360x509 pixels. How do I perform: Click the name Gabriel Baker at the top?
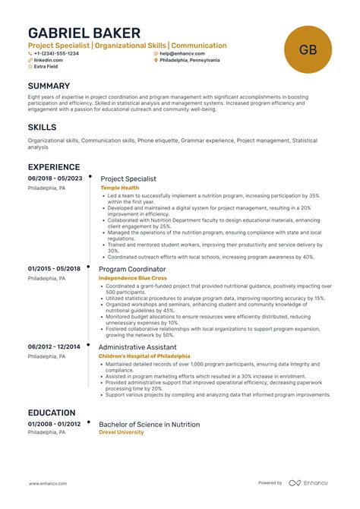coord(84,33)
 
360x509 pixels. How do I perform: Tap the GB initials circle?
coord(308,51)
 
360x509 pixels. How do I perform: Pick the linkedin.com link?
coord(47,60)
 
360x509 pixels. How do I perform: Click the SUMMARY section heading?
coord(49,87)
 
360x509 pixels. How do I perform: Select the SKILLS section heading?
coord(42,127)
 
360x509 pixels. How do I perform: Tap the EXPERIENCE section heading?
coord(54,167)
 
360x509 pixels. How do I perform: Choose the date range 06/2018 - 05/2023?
coord(55,179)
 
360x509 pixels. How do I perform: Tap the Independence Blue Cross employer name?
coord(133,278)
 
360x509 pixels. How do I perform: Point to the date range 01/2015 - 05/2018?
coord(55,269)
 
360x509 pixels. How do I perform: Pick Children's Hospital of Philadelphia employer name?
coord(144,356)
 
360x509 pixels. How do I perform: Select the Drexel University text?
coord(121,432)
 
